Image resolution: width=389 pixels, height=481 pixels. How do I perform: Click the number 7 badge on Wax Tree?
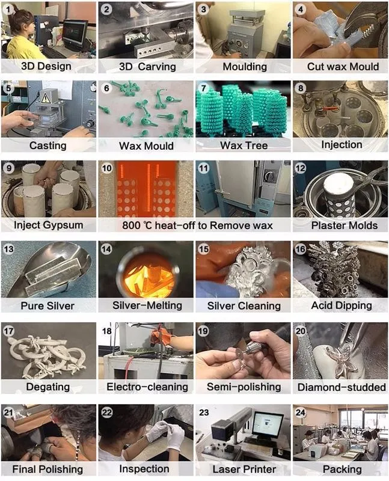pos(203,88)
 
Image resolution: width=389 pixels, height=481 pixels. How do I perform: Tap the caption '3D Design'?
pos(46,66)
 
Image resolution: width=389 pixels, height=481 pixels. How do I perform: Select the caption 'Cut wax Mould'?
pos(343,67)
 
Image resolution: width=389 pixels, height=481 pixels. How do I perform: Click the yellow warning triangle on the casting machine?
pos(46,97)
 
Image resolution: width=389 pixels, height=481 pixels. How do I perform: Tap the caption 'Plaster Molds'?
pos(345,225)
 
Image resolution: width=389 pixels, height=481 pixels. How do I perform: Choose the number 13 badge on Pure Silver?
pos(8,249)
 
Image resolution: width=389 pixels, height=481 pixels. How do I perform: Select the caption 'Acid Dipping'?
pos(342,305)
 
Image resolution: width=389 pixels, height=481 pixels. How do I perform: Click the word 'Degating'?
pos(48,387)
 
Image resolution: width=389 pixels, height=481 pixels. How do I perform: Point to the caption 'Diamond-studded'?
pos(342,387)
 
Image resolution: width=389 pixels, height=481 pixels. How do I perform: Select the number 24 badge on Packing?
pos(301,412)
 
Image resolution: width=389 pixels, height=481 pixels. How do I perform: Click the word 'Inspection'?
pos(144,469)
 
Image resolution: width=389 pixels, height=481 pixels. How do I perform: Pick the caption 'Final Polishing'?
pos(47,470)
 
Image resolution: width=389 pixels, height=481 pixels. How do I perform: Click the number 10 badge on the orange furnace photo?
pos(106,168)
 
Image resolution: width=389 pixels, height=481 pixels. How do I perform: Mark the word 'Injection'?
pos(342,145)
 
